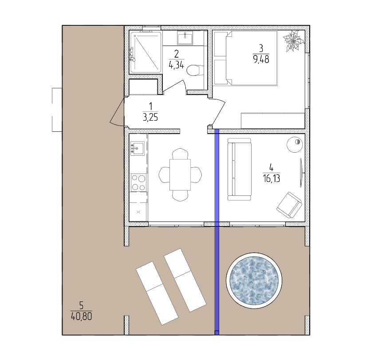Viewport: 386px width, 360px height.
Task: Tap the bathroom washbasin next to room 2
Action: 185,38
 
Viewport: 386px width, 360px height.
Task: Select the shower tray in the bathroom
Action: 146,52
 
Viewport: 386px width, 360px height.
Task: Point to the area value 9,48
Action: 261,59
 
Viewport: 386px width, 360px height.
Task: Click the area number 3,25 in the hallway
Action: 150,117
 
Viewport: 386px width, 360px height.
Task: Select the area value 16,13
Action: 272,178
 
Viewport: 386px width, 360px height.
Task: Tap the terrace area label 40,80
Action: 81,316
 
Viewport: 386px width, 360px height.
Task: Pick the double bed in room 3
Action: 246,58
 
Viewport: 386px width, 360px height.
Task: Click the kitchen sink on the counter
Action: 138,148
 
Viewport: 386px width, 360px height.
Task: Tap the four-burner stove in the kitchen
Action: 138,182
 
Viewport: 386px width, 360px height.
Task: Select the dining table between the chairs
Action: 180,175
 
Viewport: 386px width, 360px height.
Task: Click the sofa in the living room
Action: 240,169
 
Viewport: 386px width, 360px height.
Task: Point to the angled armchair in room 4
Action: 289,206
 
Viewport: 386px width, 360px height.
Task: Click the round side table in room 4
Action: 295,145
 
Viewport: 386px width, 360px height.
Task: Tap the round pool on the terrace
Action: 254,281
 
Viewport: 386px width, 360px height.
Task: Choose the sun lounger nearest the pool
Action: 185,280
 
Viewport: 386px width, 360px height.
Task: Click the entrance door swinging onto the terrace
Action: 118,112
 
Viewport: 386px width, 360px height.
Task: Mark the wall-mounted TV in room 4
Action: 301,173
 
